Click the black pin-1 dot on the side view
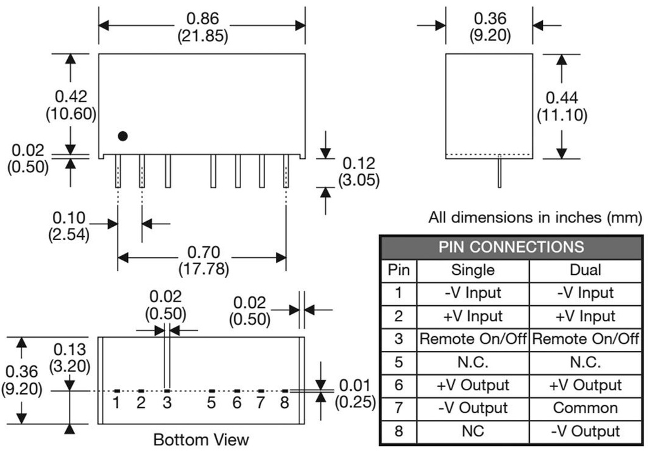(x=123, y=136)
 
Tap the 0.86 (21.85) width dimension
(x=202, y=27)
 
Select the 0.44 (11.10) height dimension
(x=562, y=106)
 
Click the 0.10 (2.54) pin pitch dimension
(x=69, y=225)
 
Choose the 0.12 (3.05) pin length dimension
(x=358, y=172)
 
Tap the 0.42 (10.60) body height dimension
(x=71, y=105)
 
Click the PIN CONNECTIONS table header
(x=511, y=247)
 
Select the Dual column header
(x=585, y=270)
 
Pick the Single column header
(x=472, y=270)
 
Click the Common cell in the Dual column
(x=585, y=408)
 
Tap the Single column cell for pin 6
(x=472, y=385)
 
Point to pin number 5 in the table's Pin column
(x=398, y=362)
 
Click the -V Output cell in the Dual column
(x=585, y=431)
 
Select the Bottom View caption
(x=201, y=439)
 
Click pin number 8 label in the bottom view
(x=285, y=402)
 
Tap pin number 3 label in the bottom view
(x=166, y=402)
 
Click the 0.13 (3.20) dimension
(x=71, y=358)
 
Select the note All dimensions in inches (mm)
(x=535, y=218)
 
